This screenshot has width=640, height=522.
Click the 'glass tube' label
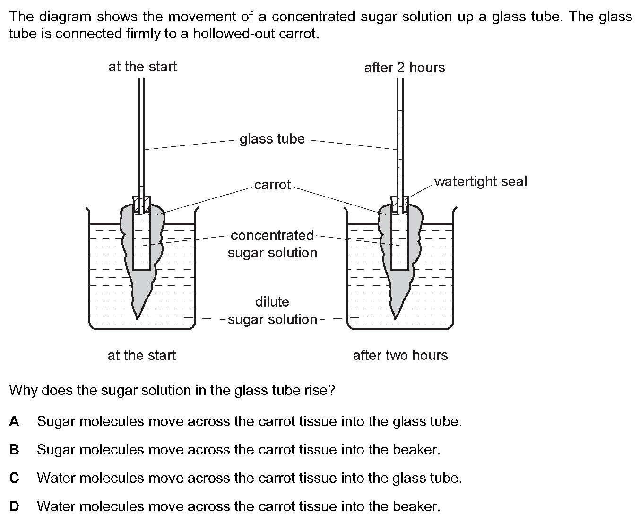click(272, 139)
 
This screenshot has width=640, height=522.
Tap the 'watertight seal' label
click(480, 181)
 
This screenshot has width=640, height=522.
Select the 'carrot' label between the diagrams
click(272, 185)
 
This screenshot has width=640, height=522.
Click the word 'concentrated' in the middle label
click(272, 235)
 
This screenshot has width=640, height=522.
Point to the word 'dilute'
click(272, 302)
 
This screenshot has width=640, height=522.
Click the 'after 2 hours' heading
click(405, 68)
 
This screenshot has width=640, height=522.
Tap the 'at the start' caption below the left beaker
click(142, 355)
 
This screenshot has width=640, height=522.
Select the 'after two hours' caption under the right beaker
click(400, 355)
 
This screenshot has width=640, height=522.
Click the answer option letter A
click(14, 421)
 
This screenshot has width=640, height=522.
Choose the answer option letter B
click(14, 450)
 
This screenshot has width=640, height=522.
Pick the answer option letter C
click(14, 478)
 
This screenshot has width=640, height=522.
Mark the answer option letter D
click(14, 506)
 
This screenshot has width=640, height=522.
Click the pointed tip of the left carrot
click(137, 319)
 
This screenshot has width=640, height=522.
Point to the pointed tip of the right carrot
click(395, 319)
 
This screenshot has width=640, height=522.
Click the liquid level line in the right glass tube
click(400, 111)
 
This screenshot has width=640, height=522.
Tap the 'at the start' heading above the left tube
click(143, 67)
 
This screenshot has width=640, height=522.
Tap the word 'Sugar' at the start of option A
click(56, 422)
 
